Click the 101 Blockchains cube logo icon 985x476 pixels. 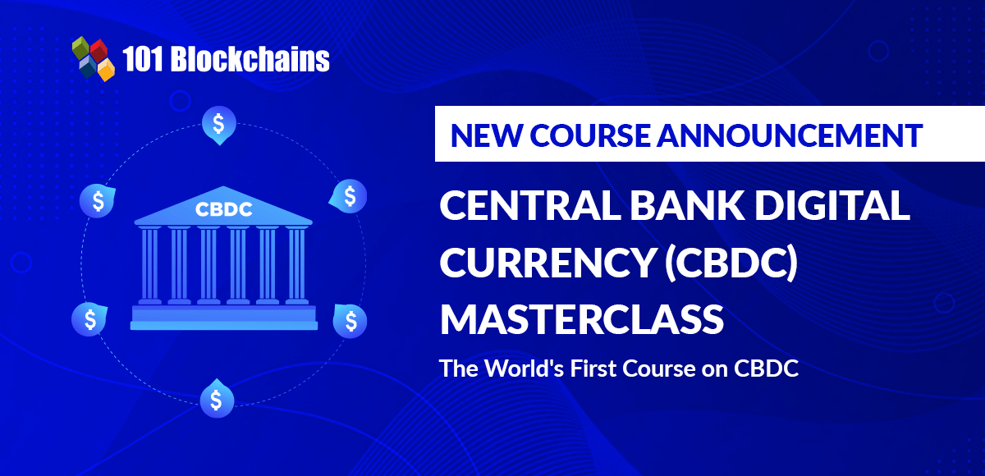pos(92,58)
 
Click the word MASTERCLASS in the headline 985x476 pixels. pos(581,318)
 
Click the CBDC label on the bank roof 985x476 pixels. pos(224,209)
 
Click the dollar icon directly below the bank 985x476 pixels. pos(217,399)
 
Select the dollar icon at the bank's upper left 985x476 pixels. pos(98,200)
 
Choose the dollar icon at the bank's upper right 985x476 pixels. pos(350,196)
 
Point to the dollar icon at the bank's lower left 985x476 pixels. pos(89,319)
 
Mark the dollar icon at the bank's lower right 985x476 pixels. pos(350,319)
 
